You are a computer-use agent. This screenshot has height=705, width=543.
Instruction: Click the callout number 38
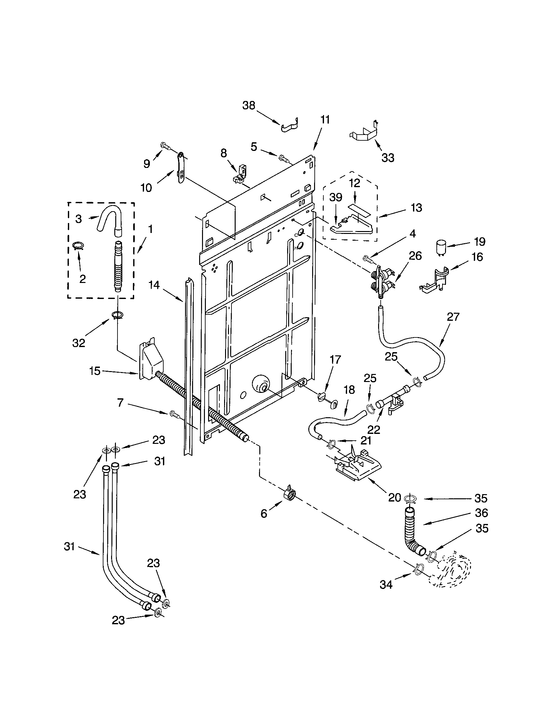point(248,105)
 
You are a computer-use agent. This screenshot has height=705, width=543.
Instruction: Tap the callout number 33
point(388,158)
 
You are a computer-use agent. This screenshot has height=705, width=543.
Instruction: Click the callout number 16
point(477,257)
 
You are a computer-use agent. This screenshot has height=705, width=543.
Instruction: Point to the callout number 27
point(453,317)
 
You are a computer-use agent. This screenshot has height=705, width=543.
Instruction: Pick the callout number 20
point(394,497)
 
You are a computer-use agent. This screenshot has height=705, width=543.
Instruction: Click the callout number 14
point(154,285)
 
